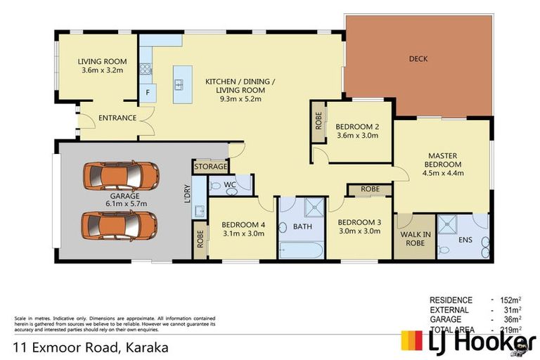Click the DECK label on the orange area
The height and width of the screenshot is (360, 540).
pos(418,59)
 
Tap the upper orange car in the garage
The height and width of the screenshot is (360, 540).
pos(119,176)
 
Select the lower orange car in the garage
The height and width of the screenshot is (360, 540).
pos(119,225)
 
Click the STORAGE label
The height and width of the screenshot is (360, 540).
pos(211,167)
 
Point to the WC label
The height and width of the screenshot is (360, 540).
pos(229,184)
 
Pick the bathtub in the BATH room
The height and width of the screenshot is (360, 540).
pos(302,250)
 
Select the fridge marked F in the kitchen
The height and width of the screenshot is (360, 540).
pos(148,93)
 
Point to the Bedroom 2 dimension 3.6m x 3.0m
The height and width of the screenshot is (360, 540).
pos(358,136)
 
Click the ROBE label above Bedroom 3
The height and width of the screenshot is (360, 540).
pos(370,189)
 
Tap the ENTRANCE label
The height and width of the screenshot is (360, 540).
pos(117,117)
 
